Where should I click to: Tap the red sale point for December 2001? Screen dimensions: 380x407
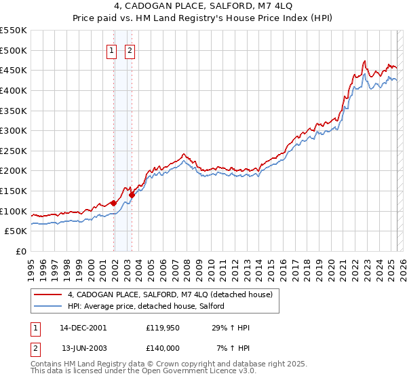(x=113, y=202)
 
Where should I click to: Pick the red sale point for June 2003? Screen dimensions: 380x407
(x=131, y=194)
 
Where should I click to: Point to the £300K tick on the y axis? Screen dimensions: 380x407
(x=14, y=130)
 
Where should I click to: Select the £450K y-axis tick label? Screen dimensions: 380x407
(x=14, y=70)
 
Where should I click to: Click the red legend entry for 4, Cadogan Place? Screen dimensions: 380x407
(x=170, y=294)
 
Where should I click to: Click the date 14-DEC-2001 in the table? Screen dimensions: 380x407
(x=83, y=328)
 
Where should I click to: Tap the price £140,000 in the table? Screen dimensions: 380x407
(x=163, y=348)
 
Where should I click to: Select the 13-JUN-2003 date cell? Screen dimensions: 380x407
(x=83, y=348)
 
